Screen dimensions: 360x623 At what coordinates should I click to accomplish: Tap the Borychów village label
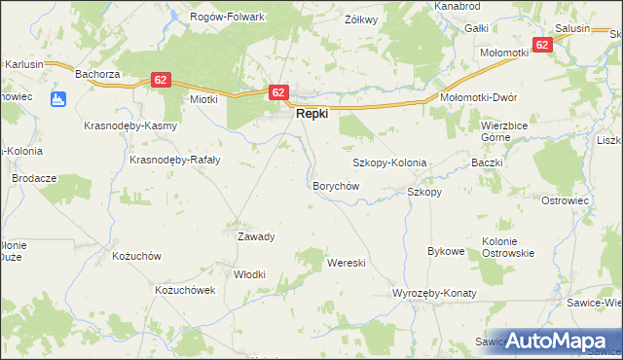(x=336, y=185)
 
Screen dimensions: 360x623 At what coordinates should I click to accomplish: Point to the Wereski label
(x=346, y=263)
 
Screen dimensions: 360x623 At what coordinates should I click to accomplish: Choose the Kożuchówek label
(x=184, y=290)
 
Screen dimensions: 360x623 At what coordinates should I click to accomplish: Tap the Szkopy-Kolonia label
(x=389, y=162)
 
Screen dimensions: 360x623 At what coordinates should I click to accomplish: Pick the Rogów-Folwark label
(x=230, y=17)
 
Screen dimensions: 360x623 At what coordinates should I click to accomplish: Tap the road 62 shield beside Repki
(x=278, y=92)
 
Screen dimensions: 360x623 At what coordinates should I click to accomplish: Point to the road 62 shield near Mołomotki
(x=542, y=44)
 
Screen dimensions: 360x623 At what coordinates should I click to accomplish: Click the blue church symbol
(x=57, y=98)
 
